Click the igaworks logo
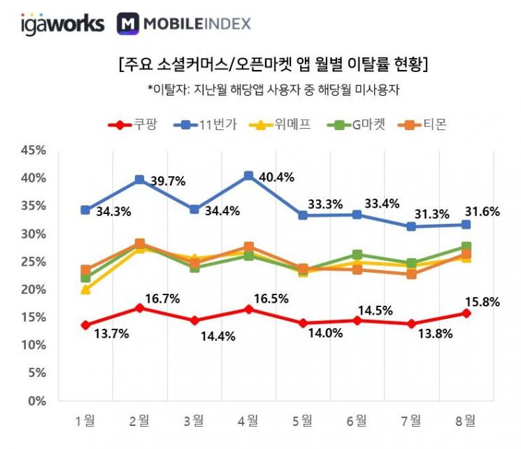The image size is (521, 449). (62, 24)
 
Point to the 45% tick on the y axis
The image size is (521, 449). (33, 150)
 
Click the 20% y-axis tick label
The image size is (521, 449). (33, 290)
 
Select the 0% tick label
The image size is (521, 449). (36, 401)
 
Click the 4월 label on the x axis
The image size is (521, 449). (248, 420)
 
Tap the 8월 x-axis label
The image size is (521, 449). (466, 420)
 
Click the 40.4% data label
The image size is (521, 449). (276, 178)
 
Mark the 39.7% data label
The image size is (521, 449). (168, 181)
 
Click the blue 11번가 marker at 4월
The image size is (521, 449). (248, 176)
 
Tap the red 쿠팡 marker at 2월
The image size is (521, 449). (140, 308)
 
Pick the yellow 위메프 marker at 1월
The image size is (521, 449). (85, 289)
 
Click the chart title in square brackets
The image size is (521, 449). (273, 66)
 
